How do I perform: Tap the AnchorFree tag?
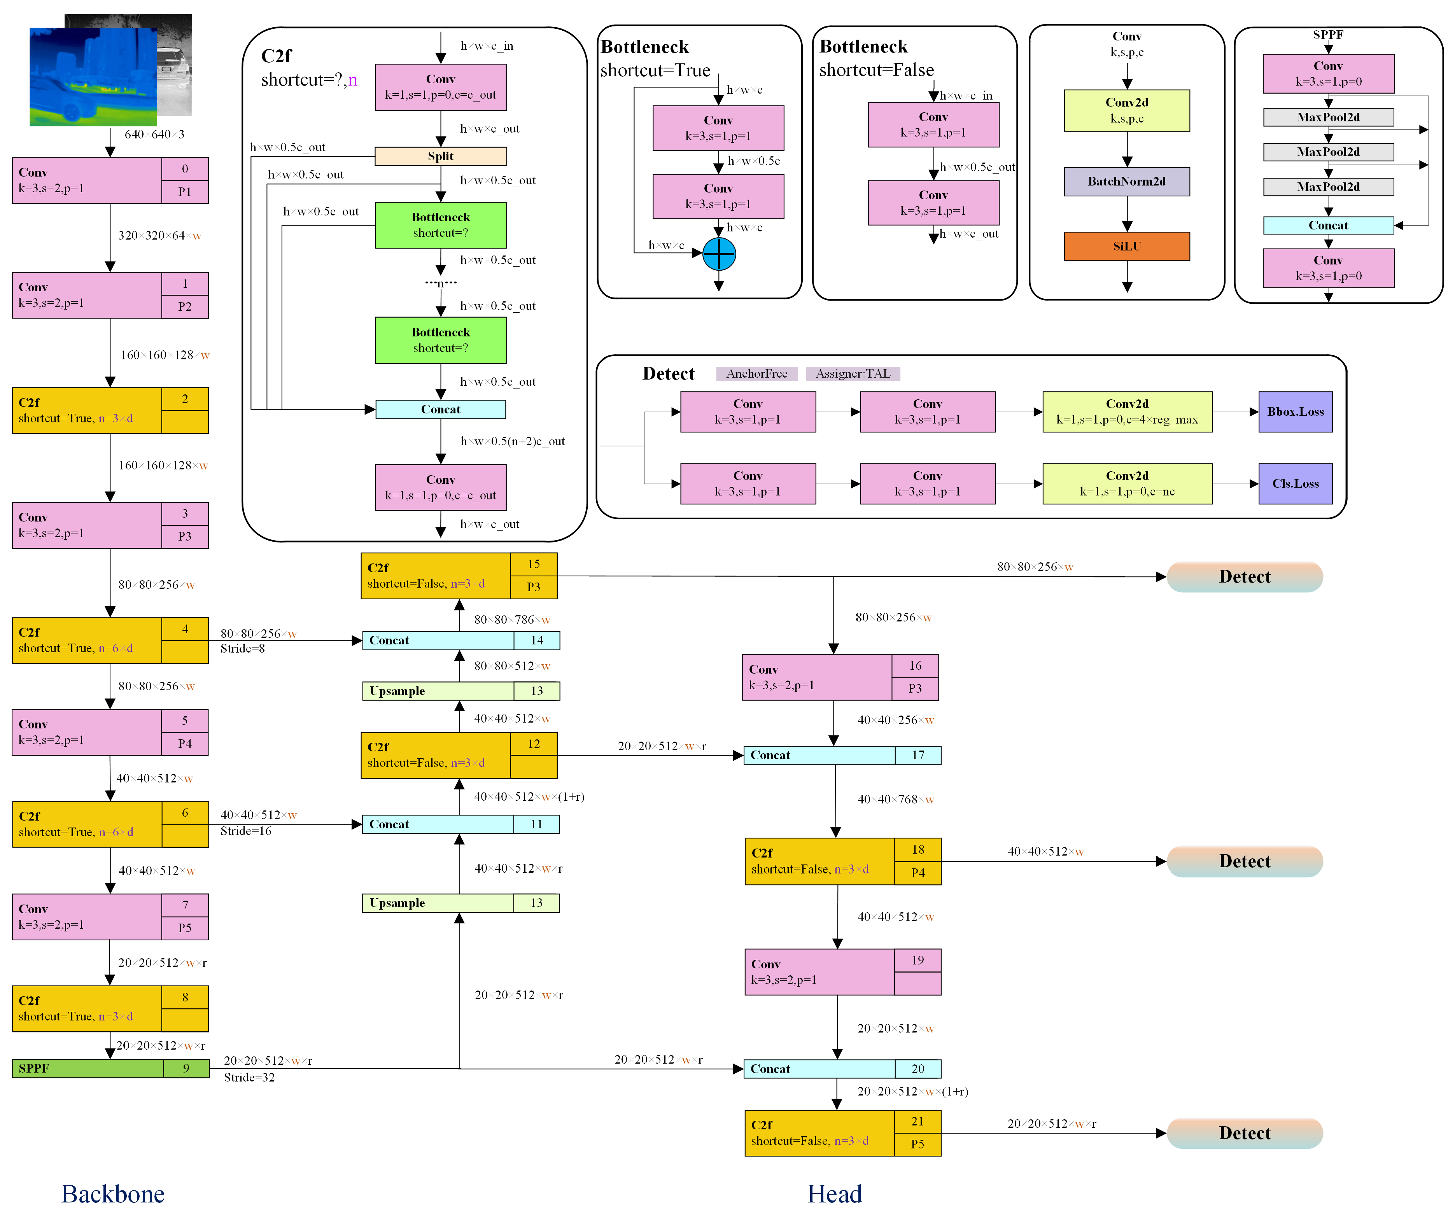pos(756,373)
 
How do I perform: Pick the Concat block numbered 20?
pos(841,1068)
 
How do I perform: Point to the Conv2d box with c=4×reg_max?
pos(1127,411)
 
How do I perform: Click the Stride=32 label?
pos(249,1077)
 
